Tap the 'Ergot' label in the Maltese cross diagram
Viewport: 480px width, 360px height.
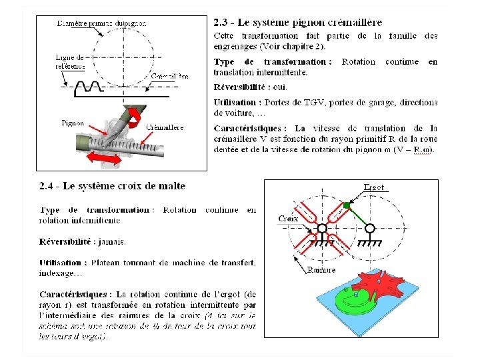click(374, 187)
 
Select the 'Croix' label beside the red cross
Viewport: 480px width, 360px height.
click(288, 218)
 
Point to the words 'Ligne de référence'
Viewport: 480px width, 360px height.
click(69, 62)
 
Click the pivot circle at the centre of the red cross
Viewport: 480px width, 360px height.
click(322, 229)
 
